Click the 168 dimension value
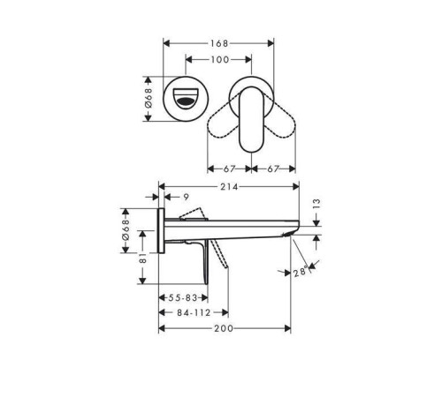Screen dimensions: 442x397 pos(219,43)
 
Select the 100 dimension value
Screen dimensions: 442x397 pos(220,60)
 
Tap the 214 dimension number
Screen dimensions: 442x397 pos(229,186)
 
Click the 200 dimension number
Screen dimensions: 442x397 pos(224,328)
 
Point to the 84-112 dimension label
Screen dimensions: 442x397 pos(194,312)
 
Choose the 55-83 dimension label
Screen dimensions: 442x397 pos(183,298)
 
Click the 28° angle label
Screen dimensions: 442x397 pos(301,273)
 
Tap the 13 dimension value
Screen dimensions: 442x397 pos(316,204)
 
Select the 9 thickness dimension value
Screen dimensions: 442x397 pos(186,197)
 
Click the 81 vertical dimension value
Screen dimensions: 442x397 pos(142,258)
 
